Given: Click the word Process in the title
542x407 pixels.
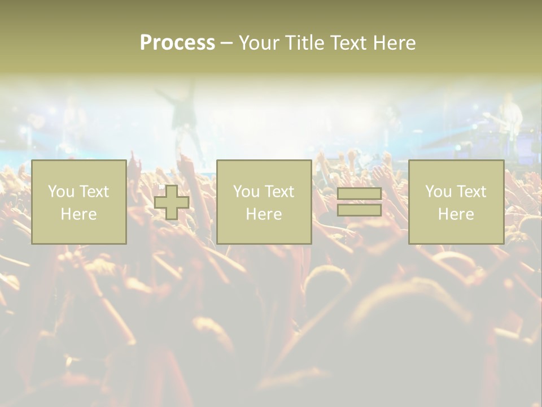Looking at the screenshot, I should (177, 43).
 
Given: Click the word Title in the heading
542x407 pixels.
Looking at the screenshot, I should (303, 43).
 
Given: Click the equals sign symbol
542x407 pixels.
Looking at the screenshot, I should (359, 202).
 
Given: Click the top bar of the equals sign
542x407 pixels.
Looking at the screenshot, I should (359, 194).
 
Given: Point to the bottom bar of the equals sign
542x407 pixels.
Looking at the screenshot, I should (359, 210).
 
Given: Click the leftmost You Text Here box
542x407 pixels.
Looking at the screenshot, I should (78, 202).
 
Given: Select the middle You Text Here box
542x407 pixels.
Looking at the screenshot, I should (264, 202).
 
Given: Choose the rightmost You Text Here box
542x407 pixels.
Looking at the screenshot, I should (456, 202).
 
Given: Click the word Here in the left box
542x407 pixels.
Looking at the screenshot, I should (78, 214).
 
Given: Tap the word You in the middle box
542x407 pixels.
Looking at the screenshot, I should (246, 192).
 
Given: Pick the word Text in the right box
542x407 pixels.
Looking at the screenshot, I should (470, 192).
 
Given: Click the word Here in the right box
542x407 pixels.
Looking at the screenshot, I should (456, 214).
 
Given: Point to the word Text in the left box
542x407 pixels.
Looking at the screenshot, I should (93, 192).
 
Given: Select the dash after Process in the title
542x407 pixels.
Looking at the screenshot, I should (227, 43).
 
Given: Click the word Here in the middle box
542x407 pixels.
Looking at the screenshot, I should (264, 214).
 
